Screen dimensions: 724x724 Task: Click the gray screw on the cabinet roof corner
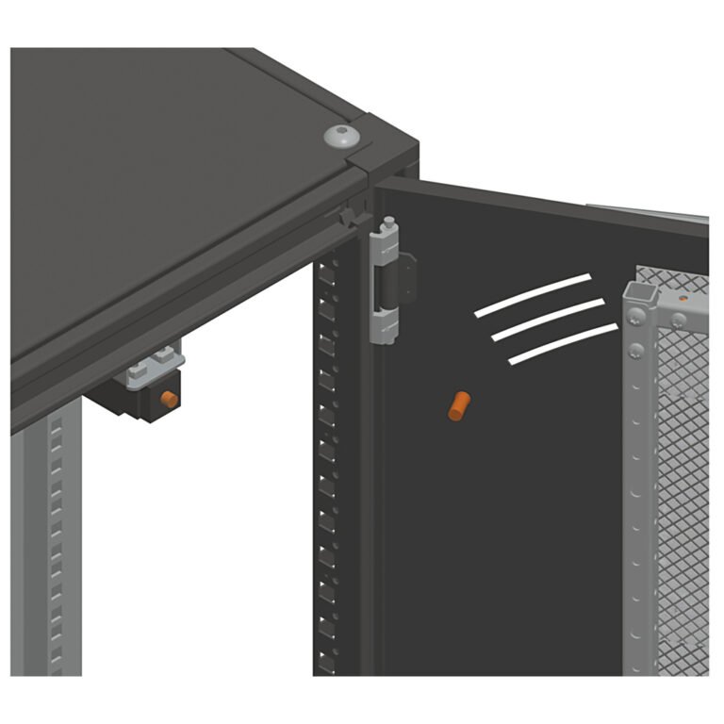point(341,136)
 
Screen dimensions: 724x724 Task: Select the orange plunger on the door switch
point(171,399)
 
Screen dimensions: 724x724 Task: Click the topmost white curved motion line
point(534,294)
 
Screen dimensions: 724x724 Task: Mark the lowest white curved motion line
point(564,342)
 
